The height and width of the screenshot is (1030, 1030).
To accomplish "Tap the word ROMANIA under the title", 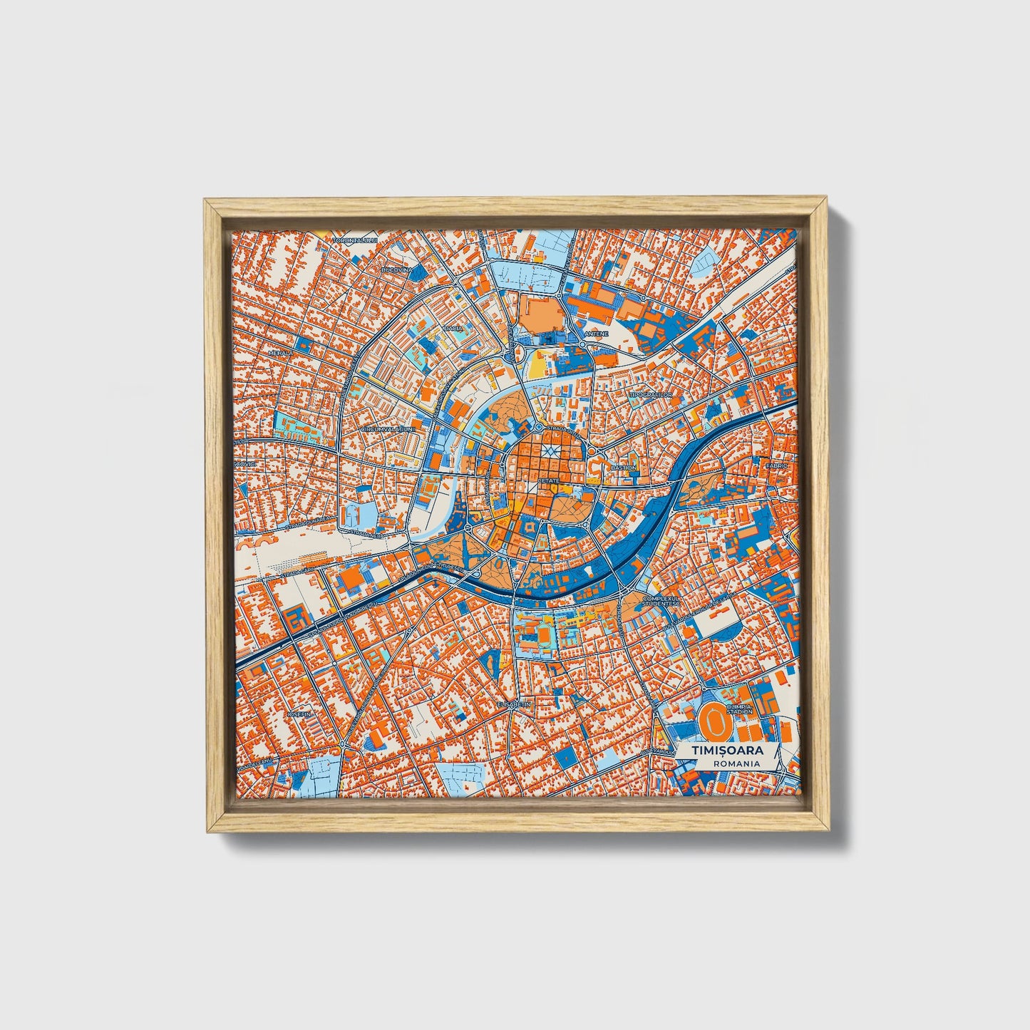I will click(736, 763).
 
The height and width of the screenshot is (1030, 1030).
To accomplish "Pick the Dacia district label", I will click(453, 329).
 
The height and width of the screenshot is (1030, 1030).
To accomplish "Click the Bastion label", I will click(623, 468).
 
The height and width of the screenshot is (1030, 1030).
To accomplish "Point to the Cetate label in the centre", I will click(550, 481).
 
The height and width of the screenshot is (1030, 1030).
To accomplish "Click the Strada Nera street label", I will click(365, 532).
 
